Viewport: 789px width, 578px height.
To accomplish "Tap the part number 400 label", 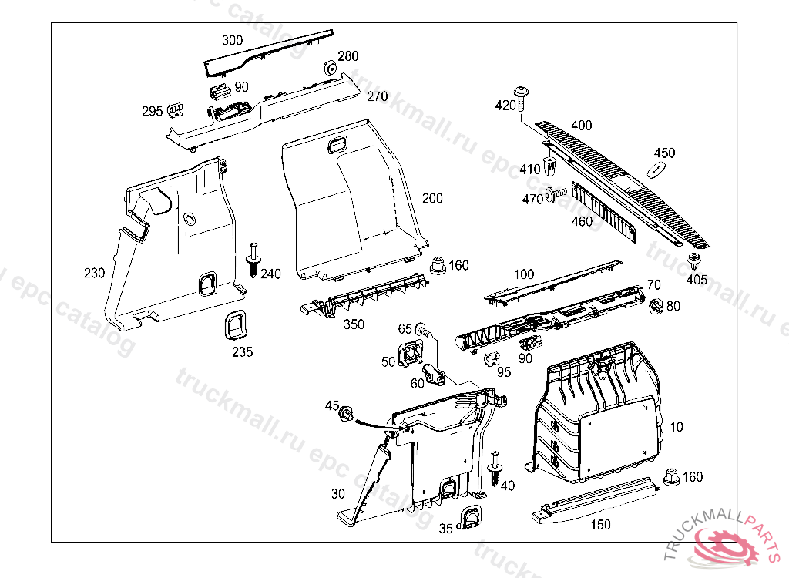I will point(582,125).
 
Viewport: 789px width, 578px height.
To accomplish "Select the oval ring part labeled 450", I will point(656,170).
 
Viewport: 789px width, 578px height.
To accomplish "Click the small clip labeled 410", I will point(550,165).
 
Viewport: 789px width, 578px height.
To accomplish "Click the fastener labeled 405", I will point(694,259).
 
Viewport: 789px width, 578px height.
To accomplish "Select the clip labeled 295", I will point(175,110).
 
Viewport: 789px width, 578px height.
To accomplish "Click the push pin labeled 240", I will point(252,259).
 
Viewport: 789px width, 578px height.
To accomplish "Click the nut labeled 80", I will point(656,306).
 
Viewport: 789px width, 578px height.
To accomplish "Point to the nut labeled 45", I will point(347,414).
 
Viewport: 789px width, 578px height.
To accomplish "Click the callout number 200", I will point(432,198).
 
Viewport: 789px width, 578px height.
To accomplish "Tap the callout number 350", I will point(354,324).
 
